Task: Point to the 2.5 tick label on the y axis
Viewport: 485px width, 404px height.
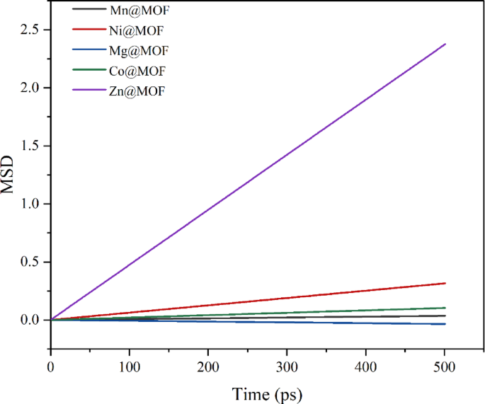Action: pyautogui.click(x=30, y=30)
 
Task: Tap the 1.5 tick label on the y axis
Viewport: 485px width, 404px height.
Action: pyautogui.click(x=30, y=146)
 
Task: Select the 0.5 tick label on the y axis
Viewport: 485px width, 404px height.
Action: pyautogui.click(x=30, y=262)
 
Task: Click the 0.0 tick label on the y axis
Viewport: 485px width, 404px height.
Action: pyautogui.click(x=30, y=320)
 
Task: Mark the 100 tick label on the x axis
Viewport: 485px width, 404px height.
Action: pyautogui.click(x=129, y=368)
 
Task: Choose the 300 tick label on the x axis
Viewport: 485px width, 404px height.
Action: pyautogui.click(x=286, y=368)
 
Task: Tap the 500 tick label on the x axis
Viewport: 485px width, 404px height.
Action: pyautogui.click(x=444, y=368)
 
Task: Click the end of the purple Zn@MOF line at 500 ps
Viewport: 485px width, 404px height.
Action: pyautogui.click(x=445, y=44)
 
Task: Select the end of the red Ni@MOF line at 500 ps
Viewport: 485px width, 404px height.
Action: pyautogui.click(x=445, y=283)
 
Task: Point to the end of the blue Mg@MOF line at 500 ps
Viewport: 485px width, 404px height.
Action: pyautogui.click(x=445, y=324)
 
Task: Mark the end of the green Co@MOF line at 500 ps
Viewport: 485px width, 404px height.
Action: pyautogui.click(x=445, y=308)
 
